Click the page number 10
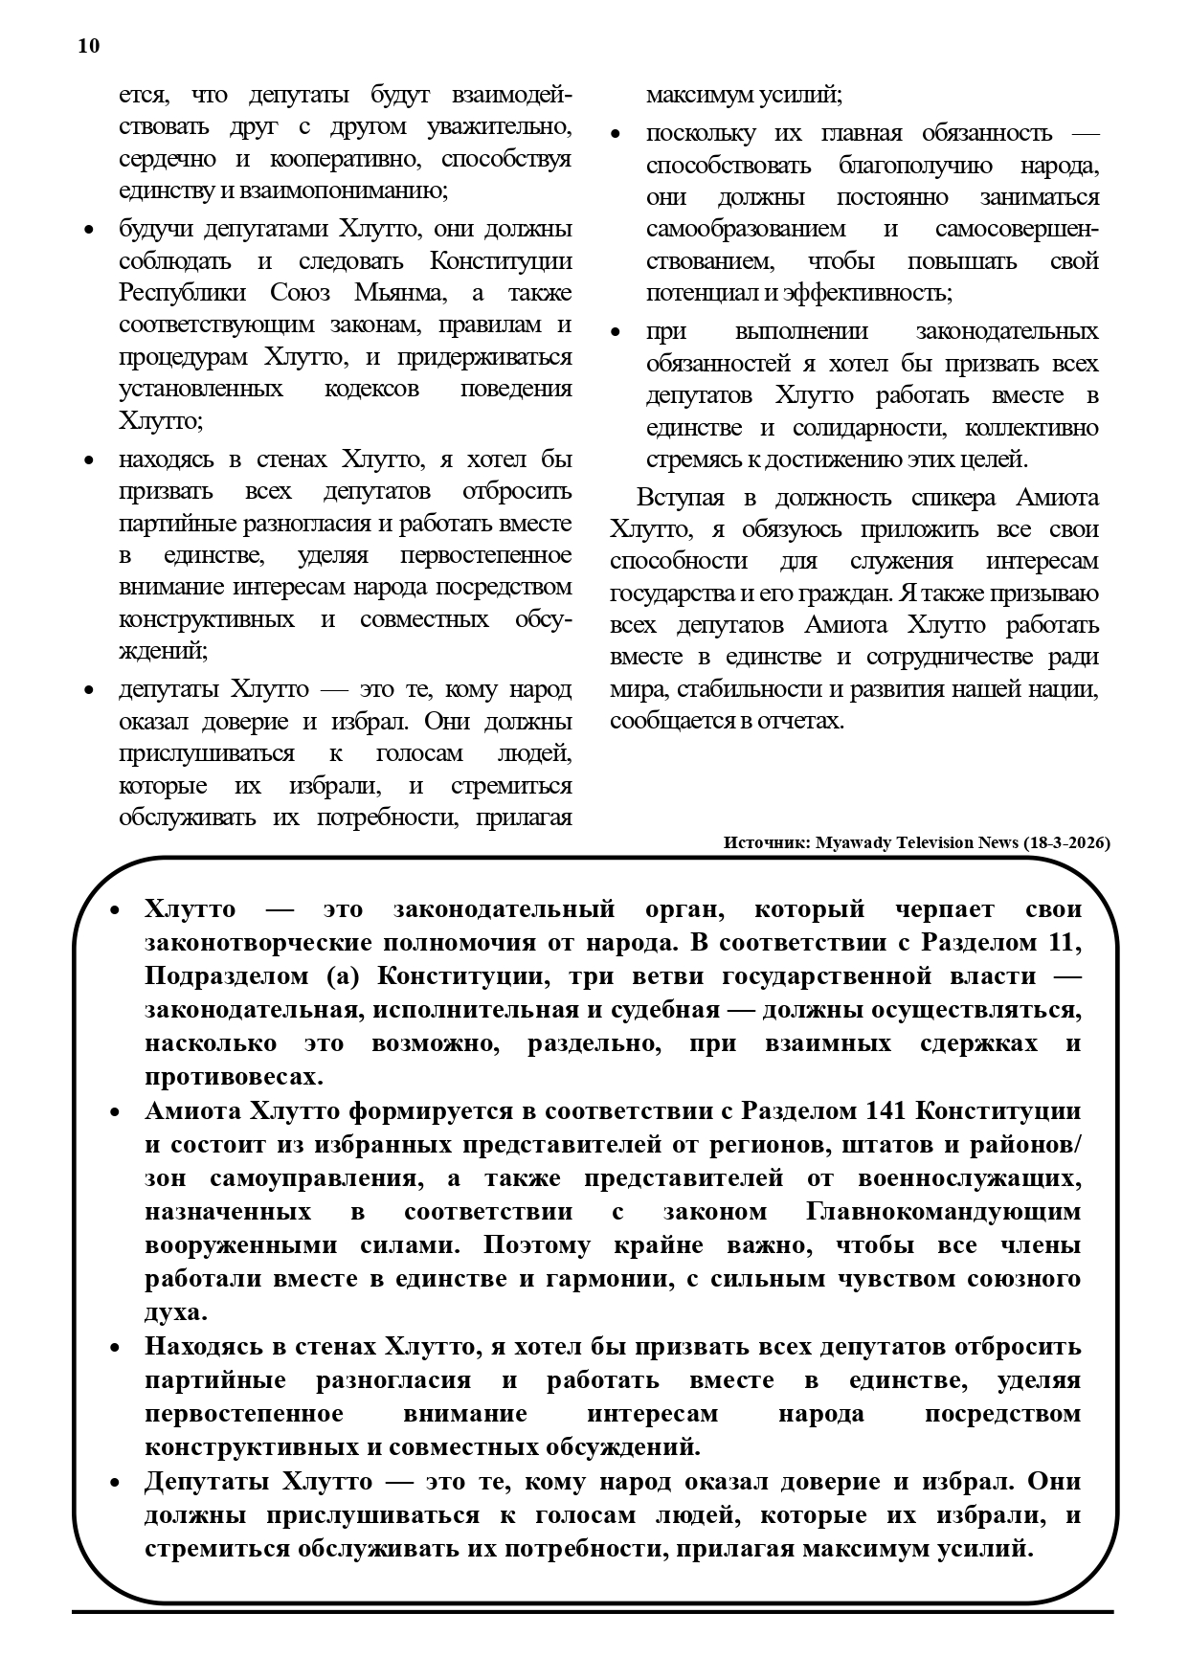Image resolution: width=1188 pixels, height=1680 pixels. [x=88, y=46]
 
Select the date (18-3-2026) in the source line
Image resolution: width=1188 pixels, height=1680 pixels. [x=1065, y=843]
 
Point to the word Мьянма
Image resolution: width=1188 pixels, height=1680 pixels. [x=400, y=293]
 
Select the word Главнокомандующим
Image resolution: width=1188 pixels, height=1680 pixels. [x=944, y=1212]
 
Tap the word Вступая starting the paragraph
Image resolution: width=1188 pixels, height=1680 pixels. [x=683, y=498]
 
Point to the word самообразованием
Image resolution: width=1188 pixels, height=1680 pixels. [x=746, y=230]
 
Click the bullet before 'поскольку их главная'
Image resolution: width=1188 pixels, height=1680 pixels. [x=616, y=135]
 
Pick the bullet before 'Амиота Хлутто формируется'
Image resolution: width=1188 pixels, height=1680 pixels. [x=115, y=1112]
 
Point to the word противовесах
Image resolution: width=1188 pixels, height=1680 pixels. [x=234, y=1077]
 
